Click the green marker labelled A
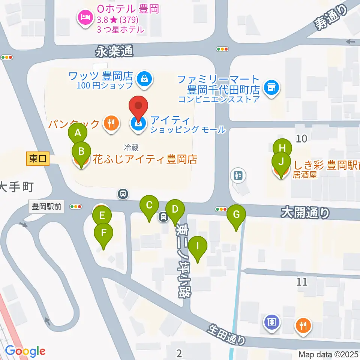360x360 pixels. [78, 133]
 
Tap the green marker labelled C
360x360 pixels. [149, 205]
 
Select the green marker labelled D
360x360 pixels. [175, 209]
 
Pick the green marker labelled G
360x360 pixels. [236, 215]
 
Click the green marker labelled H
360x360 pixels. [282, 148]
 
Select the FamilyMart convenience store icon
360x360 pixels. [271, 88]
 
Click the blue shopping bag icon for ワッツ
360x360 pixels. [144, 79]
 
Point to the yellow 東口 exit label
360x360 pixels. [38, 159]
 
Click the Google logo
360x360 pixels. [25, 351]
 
